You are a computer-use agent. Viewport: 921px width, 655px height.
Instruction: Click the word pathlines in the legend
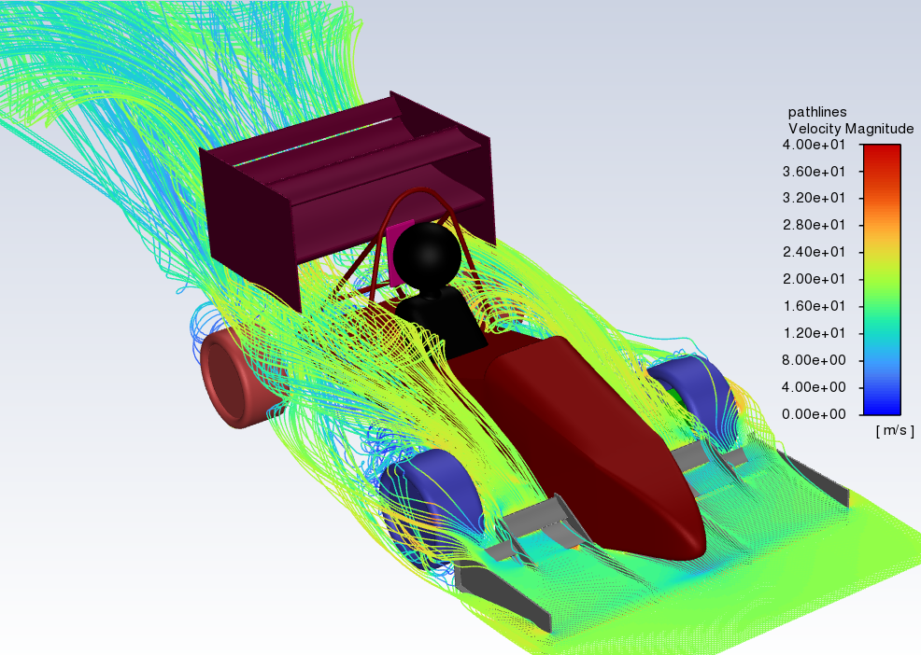[817, 112]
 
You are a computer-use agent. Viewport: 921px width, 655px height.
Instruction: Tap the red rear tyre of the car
[234, 379]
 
